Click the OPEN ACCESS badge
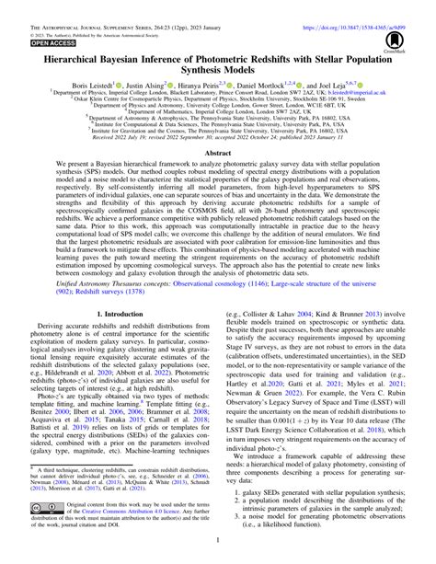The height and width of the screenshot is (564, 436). pos(34,42)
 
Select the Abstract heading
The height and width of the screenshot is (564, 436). pos(217,156)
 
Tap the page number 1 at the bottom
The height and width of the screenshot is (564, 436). pos(217,555)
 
